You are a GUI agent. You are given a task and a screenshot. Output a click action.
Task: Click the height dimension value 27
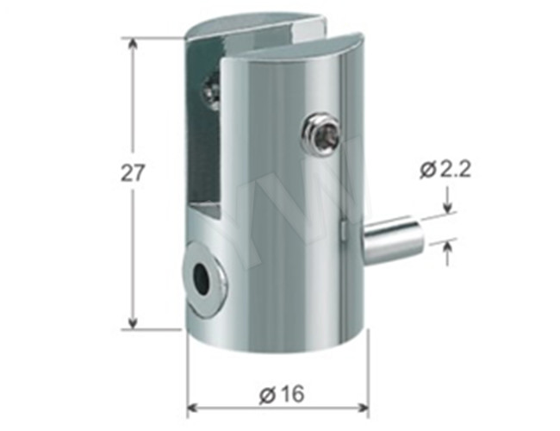pos(132,172)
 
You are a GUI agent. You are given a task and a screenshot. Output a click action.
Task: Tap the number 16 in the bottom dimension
pos(292,395)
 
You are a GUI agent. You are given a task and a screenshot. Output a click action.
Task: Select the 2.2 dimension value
pos(453,170)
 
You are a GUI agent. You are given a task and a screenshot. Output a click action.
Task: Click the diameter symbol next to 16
pos(266,395)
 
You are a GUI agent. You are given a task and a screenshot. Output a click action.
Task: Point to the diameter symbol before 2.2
pos(428,171)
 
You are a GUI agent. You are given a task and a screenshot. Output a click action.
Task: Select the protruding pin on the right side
pos(393,243)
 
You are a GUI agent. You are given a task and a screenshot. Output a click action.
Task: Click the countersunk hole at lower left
pos(204,278)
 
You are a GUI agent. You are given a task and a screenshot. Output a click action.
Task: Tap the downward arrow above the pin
pos(448,207)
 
